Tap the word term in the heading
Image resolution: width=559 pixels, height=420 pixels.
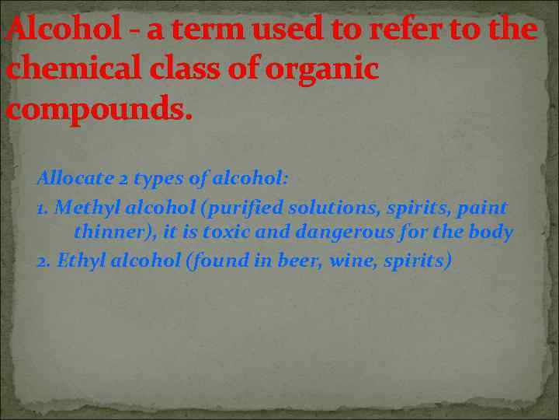(x=182, y=30)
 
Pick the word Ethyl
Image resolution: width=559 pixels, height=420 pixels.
(x=76, y=261)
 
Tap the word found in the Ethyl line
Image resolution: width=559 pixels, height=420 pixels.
(x=220, y=260)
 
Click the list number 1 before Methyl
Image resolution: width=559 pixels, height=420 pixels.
(x=41, y=208)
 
